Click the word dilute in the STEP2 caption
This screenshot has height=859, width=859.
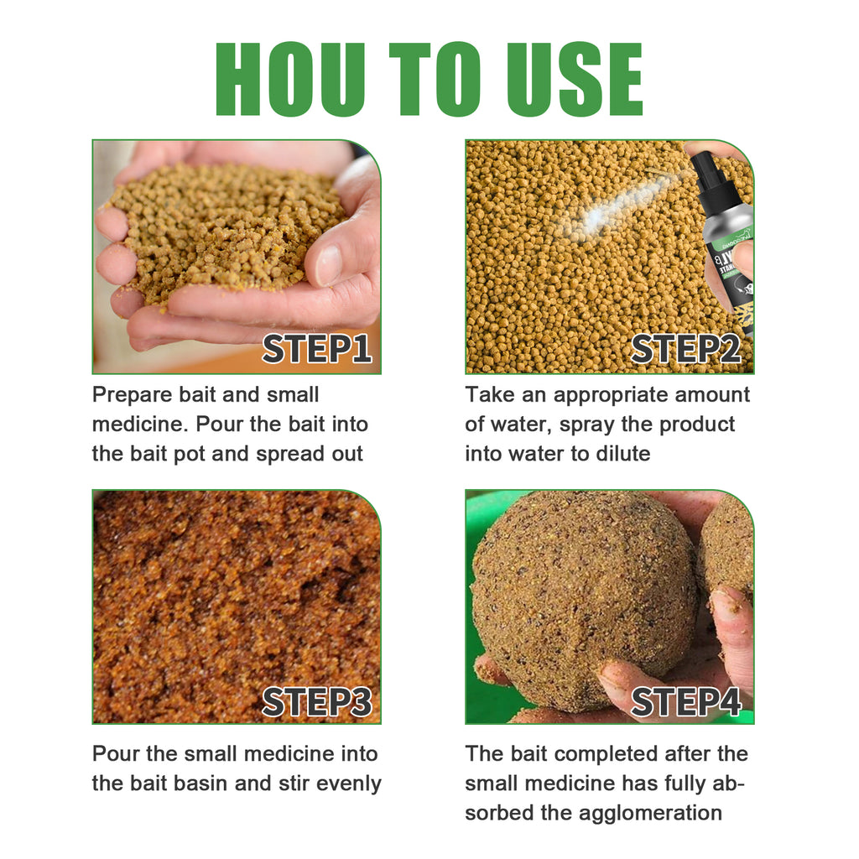click(x=620, y=454)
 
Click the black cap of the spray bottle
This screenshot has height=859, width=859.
click(x=707, y=167)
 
